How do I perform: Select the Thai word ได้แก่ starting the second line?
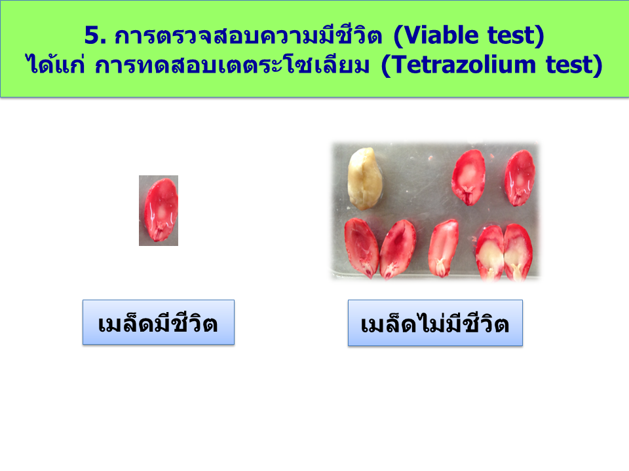pyautogui.click(x=56, y=63)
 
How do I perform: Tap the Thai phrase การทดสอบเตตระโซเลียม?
pyautogui.click(x=232, y=64)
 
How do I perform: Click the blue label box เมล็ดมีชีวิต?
pyautogui.click(x=159, y=322)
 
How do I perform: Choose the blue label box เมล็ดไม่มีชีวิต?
pyautogui.click(x=435, y=323)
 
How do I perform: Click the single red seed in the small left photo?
pyautogui.click(x=161, y=210)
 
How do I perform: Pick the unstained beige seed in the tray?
pyautogui.click(x=364, y=179)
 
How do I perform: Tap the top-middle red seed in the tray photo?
pyautogui.click(x=468, y=177)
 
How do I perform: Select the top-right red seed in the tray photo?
pyautogui.click(x=520, y=178)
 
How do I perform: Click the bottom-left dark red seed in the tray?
pyautogui.click(x=361, y=247)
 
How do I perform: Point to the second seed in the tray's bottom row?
pyautogui.click(x=398, y=249)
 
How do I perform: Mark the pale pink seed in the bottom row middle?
pyautogui.click(x=444, y=249)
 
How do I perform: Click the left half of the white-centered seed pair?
pyautogui.click(x=490, y=253)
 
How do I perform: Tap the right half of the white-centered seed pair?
pyautogui.click(x=518, y=253)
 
